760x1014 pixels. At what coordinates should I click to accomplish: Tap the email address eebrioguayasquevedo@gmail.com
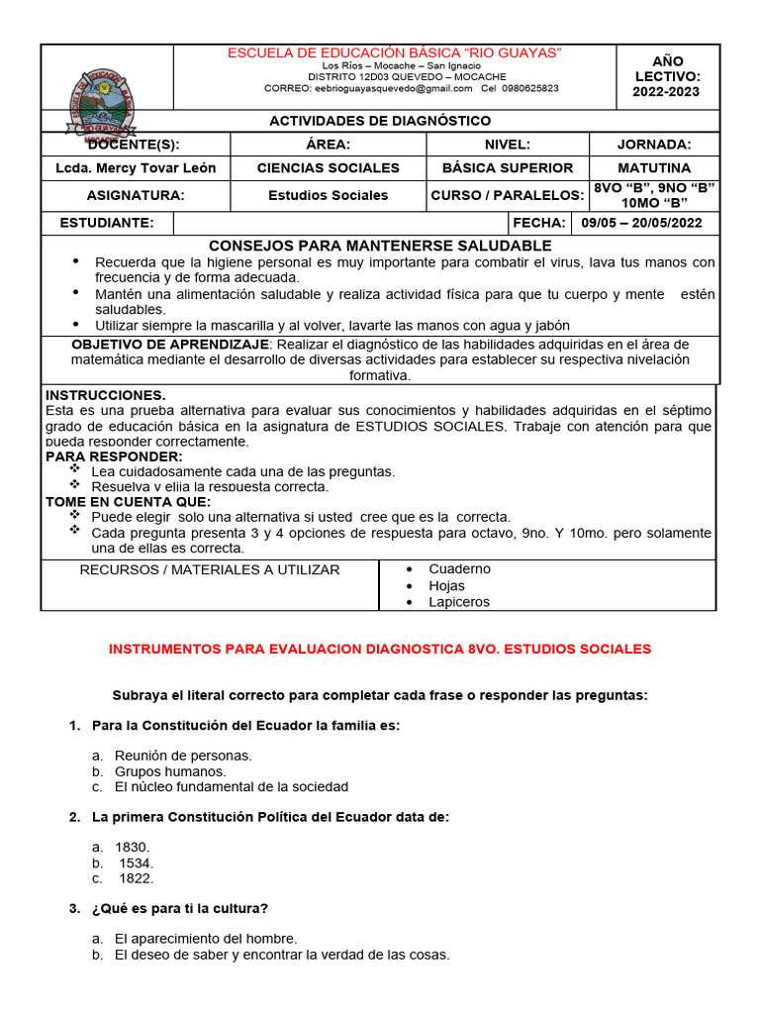pos(394,88)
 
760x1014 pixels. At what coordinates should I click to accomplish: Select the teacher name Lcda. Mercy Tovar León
pos(136,168)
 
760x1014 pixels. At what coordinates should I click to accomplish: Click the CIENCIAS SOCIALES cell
pos(328,168)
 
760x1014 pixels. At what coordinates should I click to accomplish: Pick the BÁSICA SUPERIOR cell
pos(507,168)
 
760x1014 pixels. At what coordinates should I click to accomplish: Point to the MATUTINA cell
pos(654,168)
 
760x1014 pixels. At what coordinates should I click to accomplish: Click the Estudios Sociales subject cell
pos(328,195)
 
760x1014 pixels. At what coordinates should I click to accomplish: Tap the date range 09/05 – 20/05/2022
pos(641,223)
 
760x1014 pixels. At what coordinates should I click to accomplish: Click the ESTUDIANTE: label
pos(107,223)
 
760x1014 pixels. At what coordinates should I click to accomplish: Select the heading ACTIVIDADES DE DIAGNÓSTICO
pos(380,121)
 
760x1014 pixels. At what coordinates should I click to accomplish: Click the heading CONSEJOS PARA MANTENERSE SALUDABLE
pos(380,246)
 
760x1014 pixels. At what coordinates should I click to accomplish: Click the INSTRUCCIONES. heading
pos(105,395)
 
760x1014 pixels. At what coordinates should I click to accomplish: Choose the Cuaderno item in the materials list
pos(459,569)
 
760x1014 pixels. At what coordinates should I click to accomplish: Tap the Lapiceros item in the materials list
pos(459,602)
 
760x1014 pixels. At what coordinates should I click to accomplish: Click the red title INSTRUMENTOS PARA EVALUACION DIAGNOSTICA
pos(380,650)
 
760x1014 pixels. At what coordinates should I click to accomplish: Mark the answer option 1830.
pos(132,847)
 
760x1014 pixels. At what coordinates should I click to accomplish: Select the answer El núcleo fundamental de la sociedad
pos(232,787)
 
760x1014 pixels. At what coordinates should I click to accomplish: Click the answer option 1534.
pos(136,862)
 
